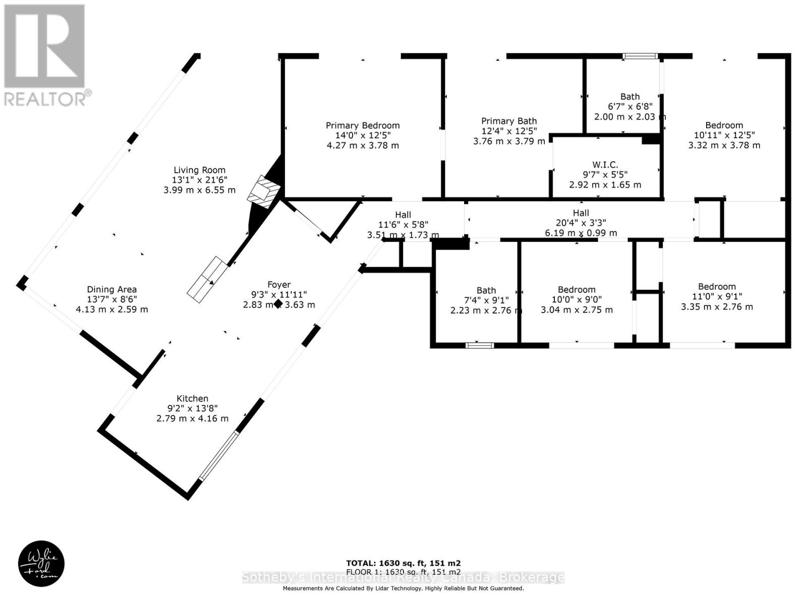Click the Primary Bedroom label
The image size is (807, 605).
[x=362, y=126]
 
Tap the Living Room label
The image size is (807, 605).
[x=199, y=170]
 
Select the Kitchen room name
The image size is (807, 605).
[x=192, y=398]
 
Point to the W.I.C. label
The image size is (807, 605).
[x=605, y=165]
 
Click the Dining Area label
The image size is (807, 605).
[x=111, y=289]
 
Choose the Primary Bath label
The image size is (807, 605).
[x=508, y=121]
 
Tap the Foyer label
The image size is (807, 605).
[x=278, y=285]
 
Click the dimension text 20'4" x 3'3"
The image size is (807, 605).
[x=580, y=223]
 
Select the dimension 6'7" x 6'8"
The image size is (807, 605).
[x=629, y=106]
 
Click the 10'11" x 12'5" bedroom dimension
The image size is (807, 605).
[x=724, y=135]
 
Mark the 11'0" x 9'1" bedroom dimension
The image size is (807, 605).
[x=716, y=296]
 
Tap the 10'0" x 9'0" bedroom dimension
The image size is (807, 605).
[x=577, y=299]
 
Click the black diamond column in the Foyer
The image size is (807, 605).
[x=277, y=304]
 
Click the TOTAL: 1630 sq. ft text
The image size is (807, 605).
[x=402, y=563]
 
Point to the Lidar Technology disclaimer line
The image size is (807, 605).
[x=402, y=588]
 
